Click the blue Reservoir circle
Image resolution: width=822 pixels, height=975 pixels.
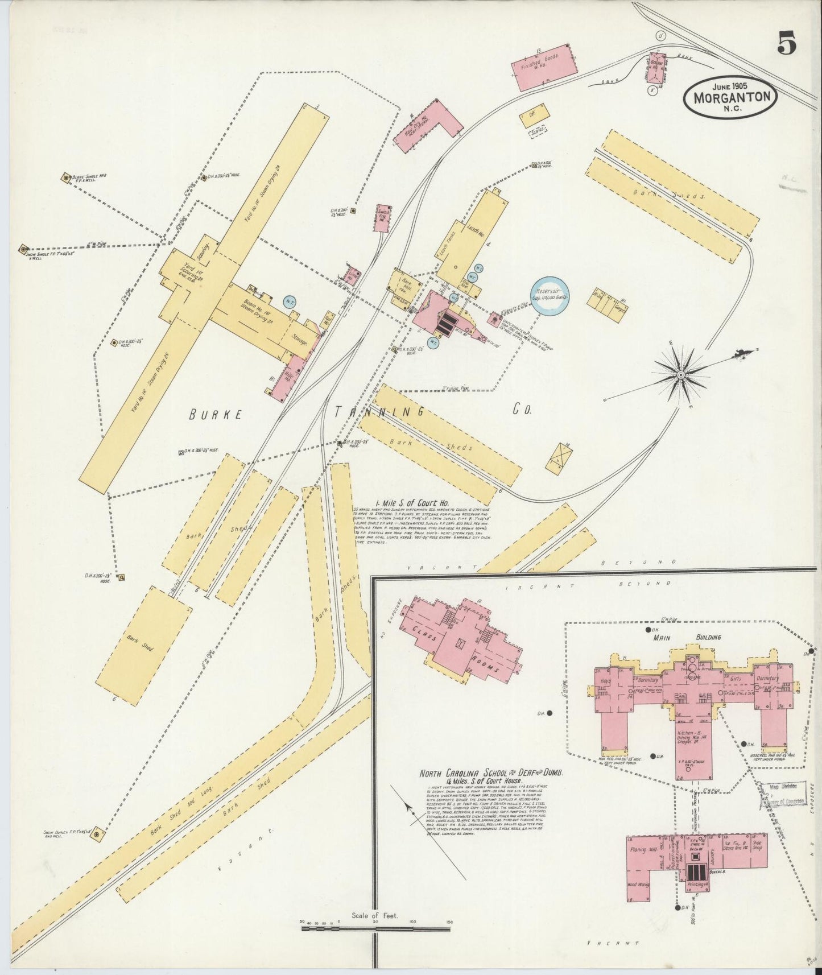click(x=550, y=296)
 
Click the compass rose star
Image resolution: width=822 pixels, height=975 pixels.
click(x=680, y=375)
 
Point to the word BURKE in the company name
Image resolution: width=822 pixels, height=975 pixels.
click(x=216, y=415)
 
